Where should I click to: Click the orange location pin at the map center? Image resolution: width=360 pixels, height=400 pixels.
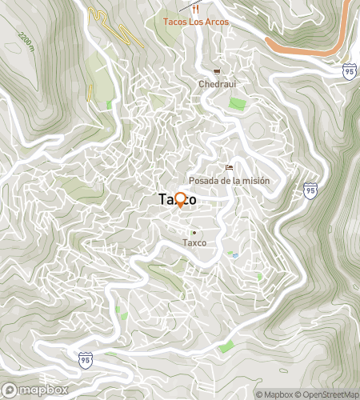tap(180, 199)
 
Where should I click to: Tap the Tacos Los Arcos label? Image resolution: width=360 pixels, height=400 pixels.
tap(196, 22)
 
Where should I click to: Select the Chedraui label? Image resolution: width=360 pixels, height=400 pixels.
tap(216, 84)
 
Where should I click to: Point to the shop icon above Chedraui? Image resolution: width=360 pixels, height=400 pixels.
tap(216, 72)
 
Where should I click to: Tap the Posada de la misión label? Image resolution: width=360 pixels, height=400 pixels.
tap(229, 181)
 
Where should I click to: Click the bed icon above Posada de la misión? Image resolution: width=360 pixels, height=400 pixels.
tap(229, 168)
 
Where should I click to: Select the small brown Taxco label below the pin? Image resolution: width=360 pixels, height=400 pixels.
tap(194, 242)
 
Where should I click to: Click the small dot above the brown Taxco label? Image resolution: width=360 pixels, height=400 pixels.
tap(194, 232)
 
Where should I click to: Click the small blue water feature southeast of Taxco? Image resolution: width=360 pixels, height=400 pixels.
tap(234, 256)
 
